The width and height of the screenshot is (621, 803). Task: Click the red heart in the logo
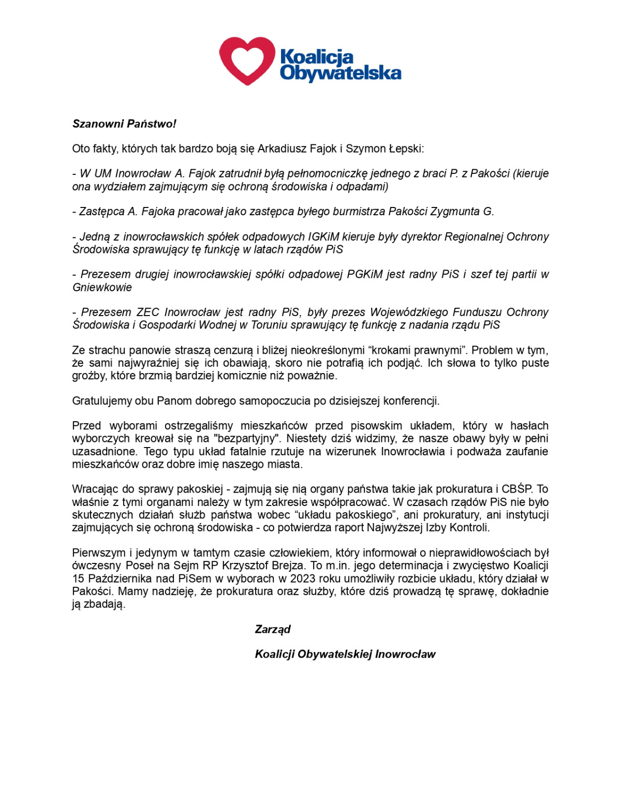[247, 60]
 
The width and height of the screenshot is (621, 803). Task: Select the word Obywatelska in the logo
[341, 73]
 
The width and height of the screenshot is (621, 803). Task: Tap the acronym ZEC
[148, 313]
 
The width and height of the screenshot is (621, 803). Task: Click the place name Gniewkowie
[102, 287]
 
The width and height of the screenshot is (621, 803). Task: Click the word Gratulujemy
[102, 401]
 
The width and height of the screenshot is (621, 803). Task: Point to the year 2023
[302, 578]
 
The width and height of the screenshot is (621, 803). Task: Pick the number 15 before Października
[78, 578]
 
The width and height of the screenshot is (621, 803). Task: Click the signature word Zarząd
[272, 629]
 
